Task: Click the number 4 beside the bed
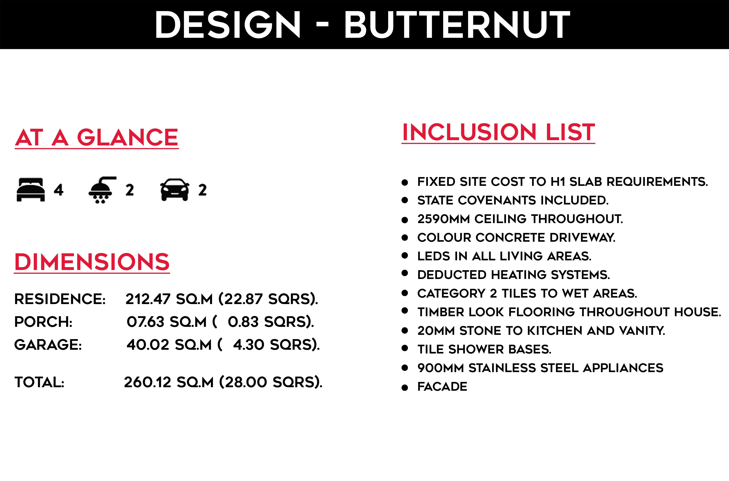pyautogui.click(x=59, y=190)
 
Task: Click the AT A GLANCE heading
pyautogui.click(x=97, y=138)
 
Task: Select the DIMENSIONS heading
pyautogui.click(x=92, y=262)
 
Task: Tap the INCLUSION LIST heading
pyautogui.click(x=498, y=132)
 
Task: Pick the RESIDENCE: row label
pyautogui.click(x=60, y=299)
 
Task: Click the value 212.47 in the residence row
pyautogui.click(x=148, y=299)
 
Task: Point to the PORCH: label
pyautogui.click(x=43, y=322)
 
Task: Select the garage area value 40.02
pyautogui.click(x=148, y=345)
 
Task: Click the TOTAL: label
pyautogui.click(x=39, y=382)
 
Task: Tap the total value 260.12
pyautogui.click(x=147, y=382)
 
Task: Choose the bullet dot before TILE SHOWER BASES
pyautogui.click(x=405, y=349)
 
